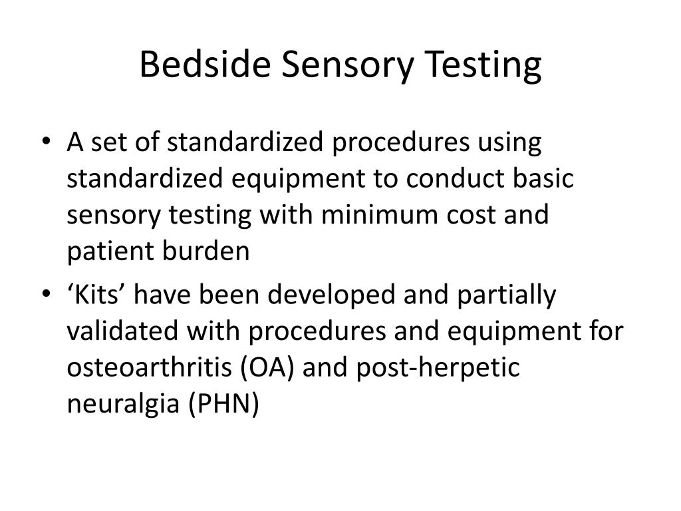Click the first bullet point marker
coord(53,144)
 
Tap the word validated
coord(122,332)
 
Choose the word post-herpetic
coord(438,369)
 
